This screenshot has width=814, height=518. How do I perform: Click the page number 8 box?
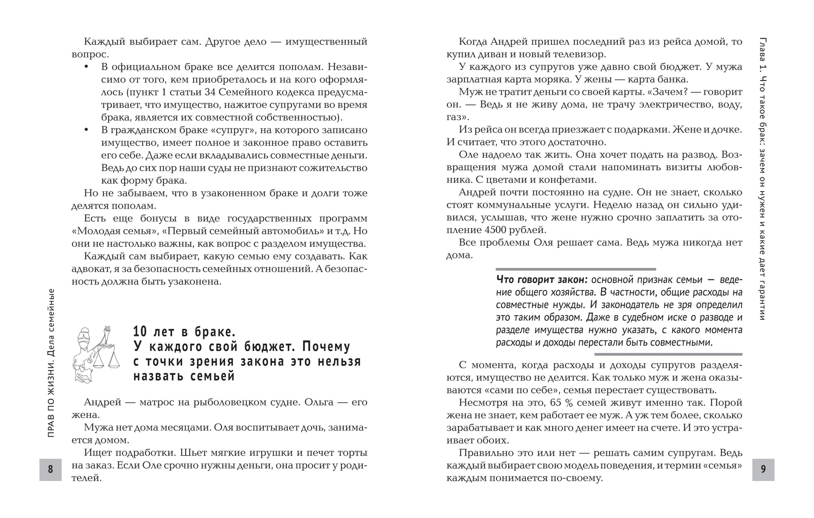tap(51, 469)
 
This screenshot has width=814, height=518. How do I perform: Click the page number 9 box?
tap(763, 469)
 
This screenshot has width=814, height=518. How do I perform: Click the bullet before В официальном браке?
tap(87, 67)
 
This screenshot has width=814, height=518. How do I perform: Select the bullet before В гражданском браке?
tap(87, 130)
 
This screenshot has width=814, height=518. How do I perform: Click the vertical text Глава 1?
tap(763, 54)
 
